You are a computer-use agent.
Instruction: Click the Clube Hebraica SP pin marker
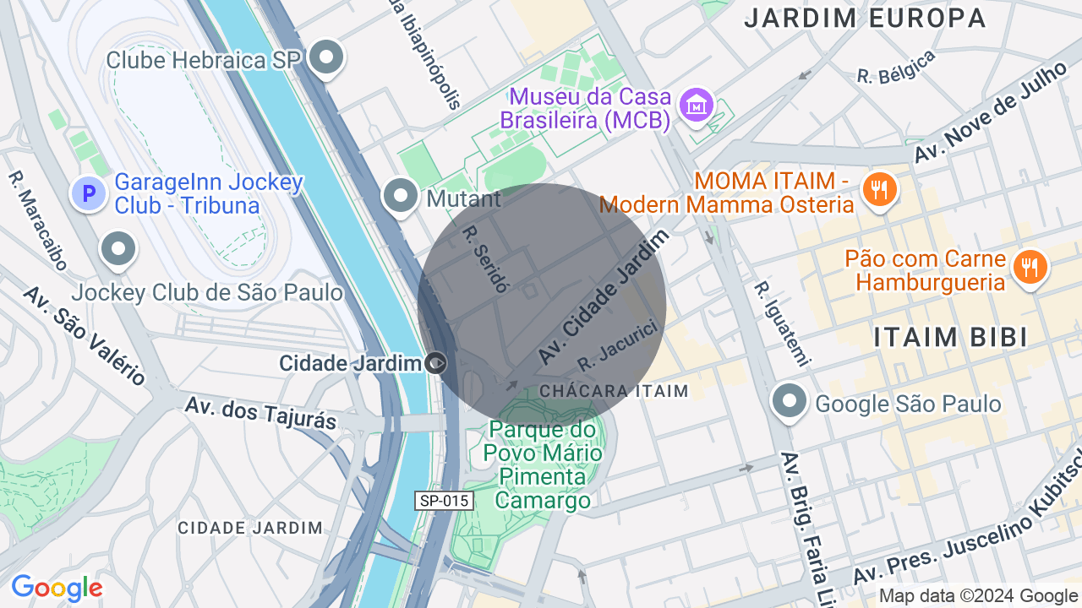pos(326,58)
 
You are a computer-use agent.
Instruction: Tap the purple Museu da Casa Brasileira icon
pos(697,106)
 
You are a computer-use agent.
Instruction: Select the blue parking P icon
pos(88,194)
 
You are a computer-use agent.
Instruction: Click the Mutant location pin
pos(401,196)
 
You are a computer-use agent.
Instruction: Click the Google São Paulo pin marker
pos(790,402)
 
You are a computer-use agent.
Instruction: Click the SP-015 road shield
pos(445,501)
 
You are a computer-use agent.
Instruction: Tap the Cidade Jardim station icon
pos(436,363)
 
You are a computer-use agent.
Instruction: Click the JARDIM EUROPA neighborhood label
pos(865,18)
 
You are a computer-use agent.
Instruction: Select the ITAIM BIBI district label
pos(950,337)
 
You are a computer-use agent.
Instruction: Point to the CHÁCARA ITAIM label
pos(614,391)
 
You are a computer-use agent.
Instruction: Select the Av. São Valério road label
pos(84,334)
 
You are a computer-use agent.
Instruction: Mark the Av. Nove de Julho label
pos(989,114)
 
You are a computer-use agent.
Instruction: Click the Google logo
pos(57,589)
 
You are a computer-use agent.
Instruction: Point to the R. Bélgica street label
pos(896,68)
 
